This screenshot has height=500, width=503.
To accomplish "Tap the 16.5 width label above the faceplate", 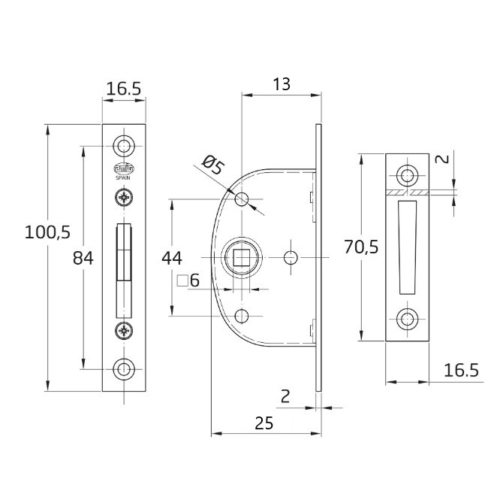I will [123, 89].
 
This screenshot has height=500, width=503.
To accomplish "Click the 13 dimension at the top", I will [281, 84].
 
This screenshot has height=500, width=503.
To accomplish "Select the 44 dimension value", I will [173, 258].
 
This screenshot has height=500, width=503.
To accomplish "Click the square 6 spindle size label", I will [187, 282].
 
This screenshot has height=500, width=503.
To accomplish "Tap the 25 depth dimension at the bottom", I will [263, 423].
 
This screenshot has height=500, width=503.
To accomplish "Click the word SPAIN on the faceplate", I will [122, 178].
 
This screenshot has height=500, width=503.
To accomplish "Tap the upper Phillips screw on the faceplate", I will [122, 198].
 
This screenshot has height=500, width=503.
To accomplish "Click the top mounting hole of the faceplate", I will [122, 145].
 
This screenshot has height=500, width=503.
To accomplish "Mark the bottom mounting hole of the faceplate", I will [122, 368].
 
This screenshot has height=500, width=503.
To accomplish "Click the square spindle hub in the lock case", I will [241, 258].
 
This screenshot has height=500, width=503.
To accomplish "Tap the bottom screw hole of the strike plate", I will [408, 318].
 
